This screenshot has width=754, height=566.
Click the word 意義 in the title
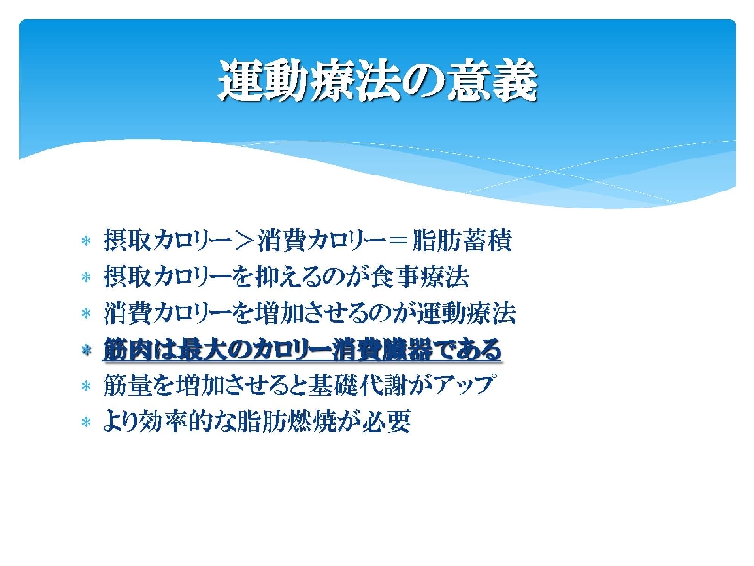(x=492, y=81)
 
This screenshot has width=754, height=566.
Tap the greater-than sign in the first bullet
(x=245, y=241)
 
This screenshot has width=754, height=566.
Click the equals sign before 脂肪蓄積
(x=399, y=241)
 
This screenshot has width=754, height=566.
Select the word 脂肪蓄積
(x=462, y=241)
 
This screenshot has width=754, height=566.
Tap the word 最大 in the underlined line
(x=202, y=349)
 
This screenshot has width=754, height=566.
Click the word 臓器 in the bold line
(x=407, y=349)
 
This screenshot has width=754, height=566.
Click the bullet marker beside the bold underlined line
(x=87, y=350)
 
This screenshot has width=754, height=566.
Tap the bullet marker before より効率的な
(x=87, y=423)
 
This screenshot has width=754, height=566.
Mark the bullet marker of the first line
(x=87, y=241)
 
